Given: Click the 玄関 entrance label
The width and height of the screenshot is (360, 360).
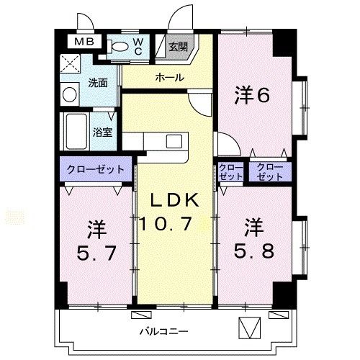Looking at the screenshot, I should [177, 48].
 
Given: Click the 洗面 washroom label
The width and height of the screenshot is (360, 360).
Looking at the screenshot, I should [98, 82].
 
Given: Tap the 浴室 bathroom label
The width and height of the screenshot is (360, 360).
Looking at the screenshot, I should [102, 132].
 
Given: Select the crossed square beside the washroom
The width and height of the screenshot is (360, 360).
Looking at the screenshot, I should [71, 64].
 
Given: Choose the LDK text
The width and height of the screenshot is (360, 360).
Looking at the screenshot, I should [174, 199].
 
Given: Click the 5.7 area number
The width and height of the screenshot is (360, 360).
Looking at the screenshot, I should [97, 253].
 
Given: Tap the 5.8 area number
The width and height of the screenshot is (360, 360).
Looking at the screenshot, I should [252, 253].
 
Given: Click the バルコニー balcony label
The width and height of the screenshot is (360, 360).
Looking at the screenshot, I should [163, 331].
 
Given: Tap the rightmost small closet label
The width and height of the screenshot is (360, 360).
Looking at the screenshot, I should [269, 171].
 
